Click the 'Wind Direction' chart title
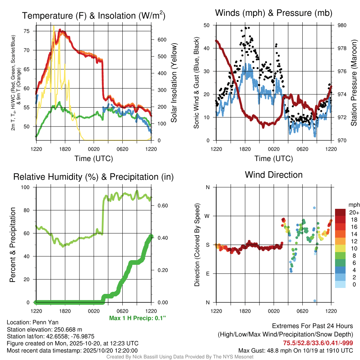click(x=274, y=175)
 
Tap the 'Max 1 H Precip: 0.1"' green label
click(x=137, y=318)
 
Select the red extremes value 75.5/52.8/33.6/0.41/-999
click(x=318, y=343)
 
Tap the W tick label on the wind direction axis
click(x=207, y=216)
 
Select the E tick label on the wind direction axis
click(x=208, y=274)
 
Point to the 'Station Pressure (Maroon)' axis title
click(x=354, y=83)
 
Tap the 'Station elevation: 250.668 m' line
click(x=44, y=329)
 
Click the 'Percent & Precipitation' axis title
click(x=13, y=245)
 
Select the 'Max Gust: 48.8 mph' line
click(x=296, y=350)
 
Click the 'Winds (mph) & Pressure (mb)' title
click(x=274, y=13)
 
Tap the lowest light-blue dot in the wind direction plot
click(x=315, y=301)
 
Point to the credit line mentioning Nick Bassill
click(x=180, y=357)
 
